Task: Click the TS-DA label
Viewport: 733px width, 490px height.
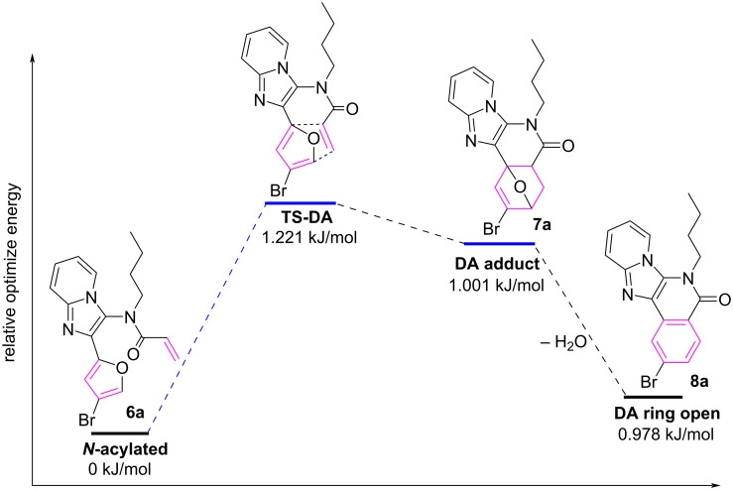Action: (x=301, y=217)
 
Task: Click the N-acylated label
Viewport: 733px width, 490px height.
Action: (x=119, y=449)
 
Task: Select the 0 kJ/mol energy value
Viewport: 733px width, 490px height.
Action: (x=119, y=467)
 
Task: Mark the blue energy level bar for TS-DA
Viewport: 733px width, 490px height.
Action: (x=301, y=202)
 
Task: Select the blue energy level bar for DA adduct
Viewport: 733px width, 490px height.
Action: (x=499, y=243)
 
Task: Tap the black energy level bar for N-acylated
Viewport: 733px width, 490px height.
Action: (x=119, y=433)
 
